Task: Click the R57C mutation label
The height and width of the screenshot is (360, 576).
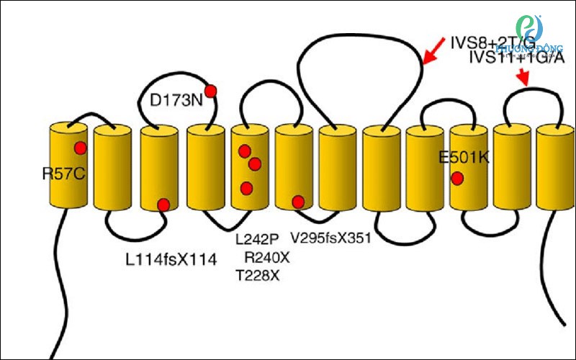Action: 64,174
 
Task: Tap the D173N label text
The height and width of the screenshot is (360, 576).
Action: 176,101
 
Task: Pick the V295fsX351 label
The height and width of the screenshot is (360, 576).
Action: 330,236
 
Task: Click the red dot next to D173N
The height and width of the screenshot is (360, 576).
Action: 211,91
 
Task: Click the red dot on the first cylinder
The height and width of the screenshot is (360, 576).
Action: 80,148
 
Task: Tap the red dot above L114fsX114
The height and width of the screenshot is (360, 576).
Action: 163,204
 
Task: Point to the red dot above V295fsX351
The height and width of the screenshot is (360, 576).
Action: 297,201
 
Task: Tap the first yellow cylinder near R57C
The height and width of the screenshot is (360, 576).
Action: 68,166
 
